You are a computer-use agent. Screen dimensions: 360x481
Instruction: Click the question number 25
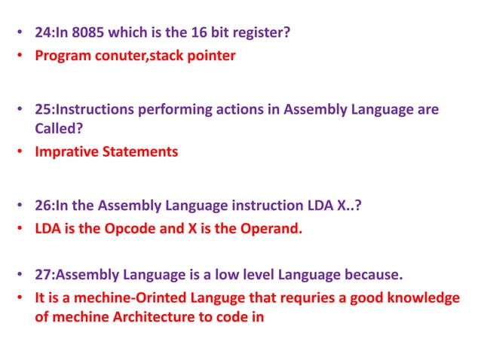[x=44, y=109]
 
